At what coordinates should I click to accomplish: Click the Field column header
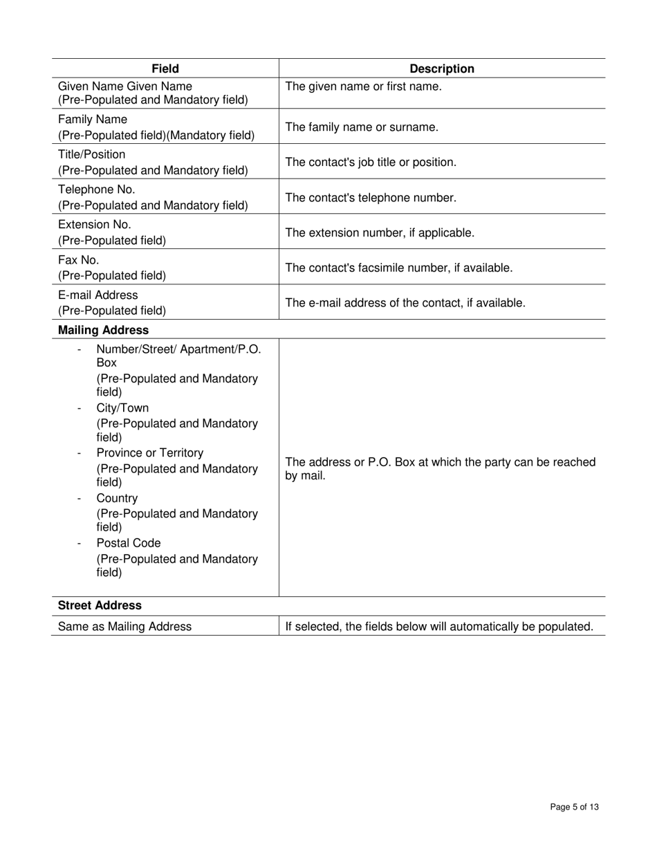(165, 68)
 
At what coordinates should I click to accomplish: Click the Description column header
(442, 68)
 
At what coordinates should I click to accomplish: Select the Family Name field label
(93, 120)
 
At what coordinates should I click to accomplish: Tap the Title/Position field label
(92, 154)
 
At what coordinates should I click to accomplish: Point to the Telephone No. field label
(97, 190)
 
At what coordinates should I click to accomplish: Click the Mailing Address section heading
(103, 330)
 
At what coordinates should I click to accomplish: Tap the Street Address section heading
(100, 605)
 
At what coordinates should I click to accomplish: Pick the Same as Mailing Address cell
(124, 627)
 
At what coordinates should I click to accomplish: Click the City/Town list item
(122, 408)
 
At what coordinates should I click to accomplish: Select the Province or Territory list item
(150, 453)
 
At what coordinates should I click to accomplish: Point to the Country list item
(117, 499)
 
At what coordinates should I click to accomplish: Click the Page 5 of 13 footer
(574, 807)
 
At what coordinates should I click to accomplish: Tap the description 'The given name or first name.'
(363, 86)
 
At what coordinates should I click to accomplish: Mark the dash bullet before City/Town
(80, 408)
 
